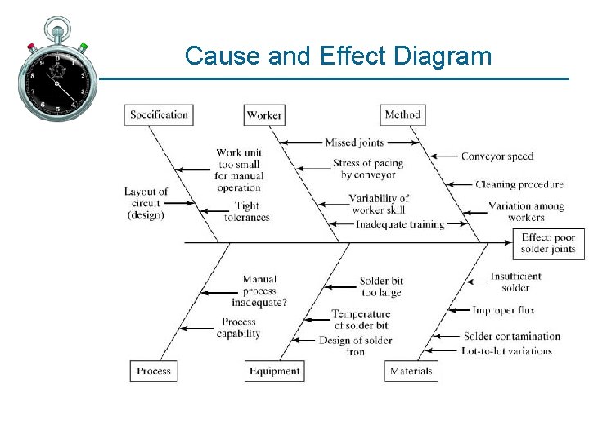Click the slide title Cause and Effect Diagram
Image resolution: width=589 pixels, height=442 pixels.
[x=338, y=56]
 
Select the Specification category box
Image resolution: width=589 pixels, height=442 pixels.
[x=160, y=115]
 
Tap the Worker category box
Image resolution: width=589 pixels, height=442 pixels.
[x=264, y=115]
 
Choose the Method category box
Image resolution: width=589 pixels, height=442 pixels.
[x=402, y=115]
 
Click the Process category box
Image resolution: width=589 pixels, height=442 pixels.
[x=154, y=371]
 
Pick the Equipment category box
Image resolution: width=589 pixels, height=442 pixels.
[x=275, y=371]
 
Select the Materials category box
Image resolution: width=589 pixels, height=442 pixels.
[x=411, y=371]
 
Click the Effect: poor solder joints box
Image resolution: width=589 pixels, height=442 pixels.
[x=548, y=243]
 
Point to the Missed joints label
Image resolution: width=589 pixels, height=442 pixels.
[x=354, y=142]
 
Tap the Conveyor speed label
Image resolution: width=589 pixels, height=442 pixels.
[x=497, y=156]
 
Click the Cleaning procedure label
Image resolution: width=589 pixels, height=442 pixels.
[x=519, y=185]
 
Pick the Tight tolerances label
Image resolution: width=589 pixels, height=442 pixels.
[x=246, y=212]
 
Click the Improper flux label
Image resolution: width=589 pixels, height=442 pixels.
[x=503, y=310]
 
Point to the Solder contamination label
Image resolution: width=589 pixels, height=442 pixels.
[x=511, y=336]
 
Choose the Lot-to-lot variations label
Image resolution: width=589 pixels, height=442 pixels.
[x=506, y=351]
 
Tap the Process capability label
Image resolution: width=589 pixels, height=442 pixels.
[x=238, y=328]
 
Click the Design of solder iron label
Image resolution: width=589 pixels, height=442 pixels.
[x=355, y=345]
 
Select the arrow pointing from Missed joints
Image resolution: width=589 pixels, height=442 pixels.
[x=302, y=142]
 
